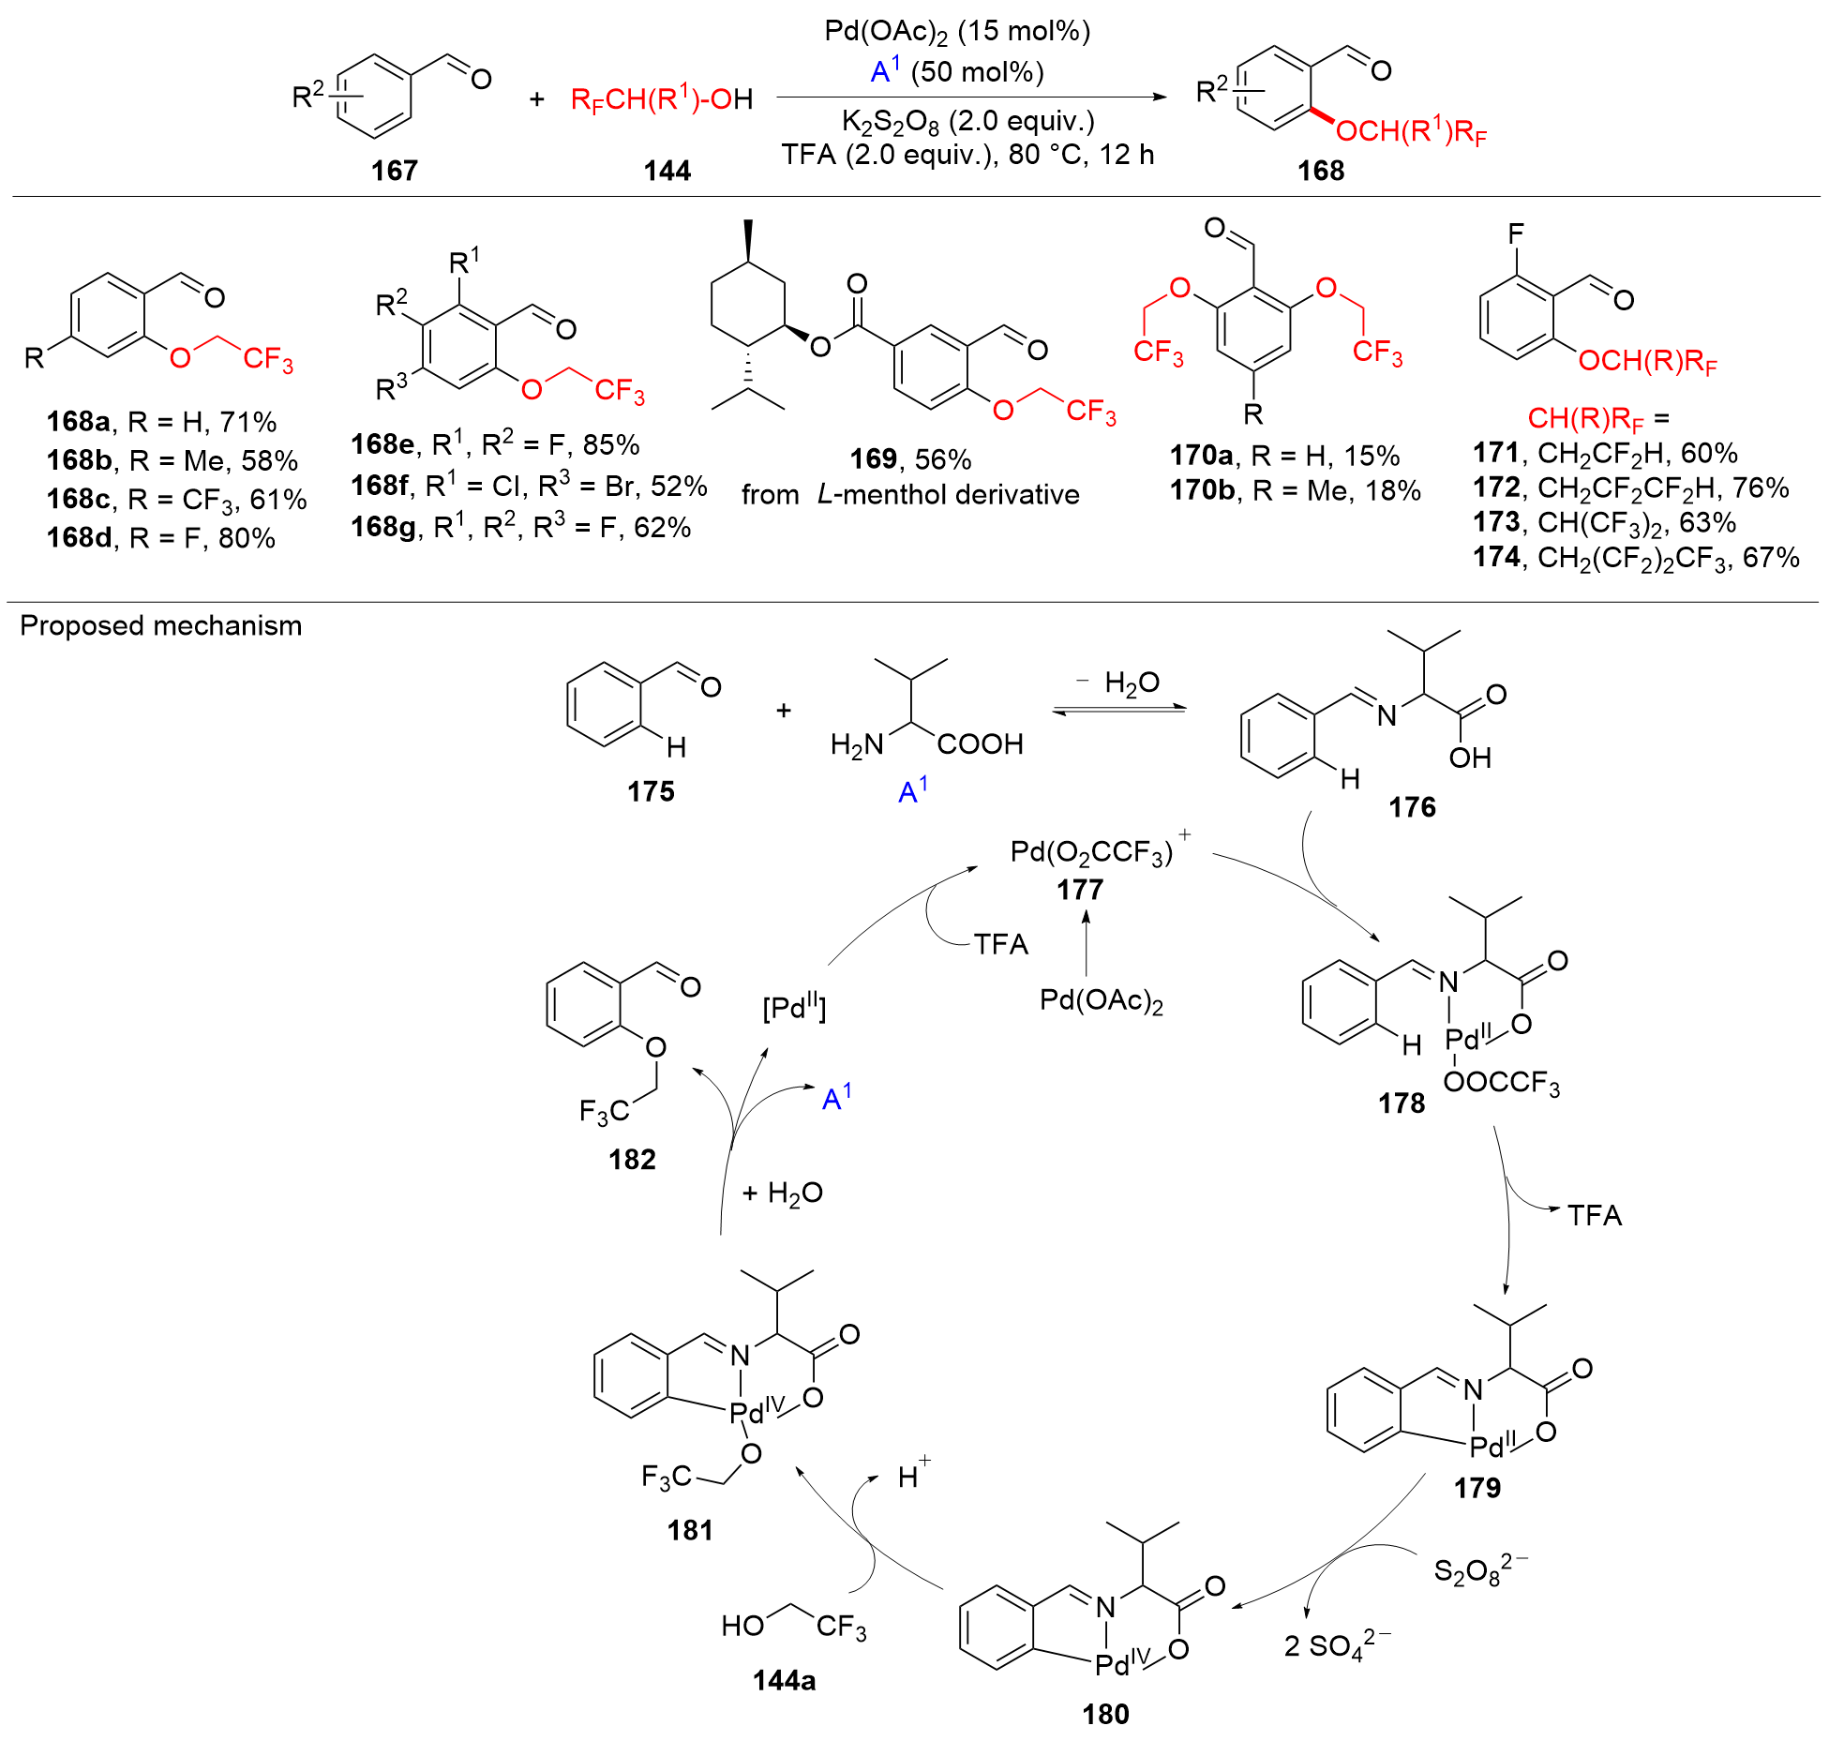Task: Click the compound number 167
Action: click(x=394, y=171)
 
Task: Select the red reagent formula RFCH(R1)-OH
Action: click(x=661, y=98)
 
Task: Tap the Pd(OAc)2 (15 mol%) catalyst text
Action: click(x=957, y=32)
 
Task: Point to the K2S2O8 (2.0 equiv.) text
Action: click(x=967, y=121)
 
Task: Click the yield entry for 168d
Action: click(x=161, y=538)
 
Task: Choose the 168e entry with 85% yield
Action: click(x=495, y=444)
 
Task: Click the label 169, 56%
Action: click(x=910, y=459)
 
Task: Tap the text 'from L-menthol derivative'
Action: click(x=910, y=494)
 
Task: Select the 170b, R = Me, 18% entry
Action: click(x=1295, y=490)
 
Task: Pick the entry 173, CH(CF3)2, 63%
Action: click(x=1604, y=522)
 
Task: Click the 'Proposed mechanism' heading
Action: click(x=161, y=625)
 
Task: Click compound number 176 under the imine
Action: click(x=1412, y=807)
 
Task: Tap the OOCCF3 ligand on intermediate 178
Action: click(x=1502, y=1083)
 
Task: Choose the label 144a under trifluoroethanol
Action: click(x=784, y=1681)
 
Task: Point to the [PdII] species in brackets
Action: click(x=794, y=1008)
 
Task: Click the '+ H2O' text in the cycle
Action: click(x=782, y=1193)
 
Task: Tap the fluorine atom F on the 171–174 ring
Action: click(x=1516, y=233)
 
